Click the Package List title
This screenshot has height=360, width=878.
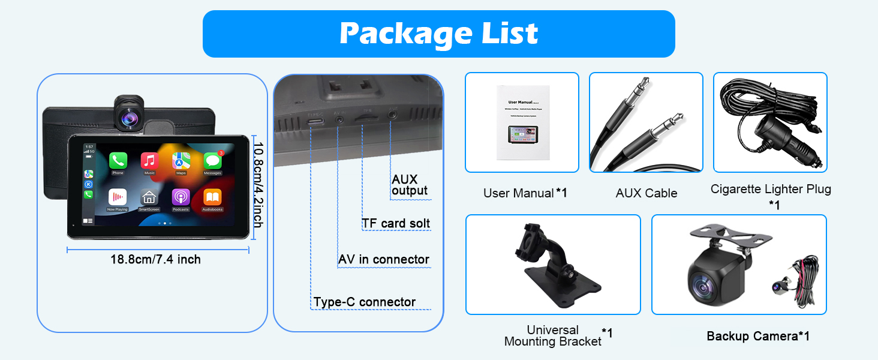pyautogui.click(x=438, y=34)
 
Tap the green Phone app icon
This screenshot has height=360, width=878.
pyautogui.click(x=118, y=160)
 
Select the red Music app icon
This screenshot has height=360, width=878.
pyautogui.click(x=149, y=160)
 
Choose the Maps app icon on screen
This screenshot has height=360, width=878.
pyautogui.click(x=181, y=160)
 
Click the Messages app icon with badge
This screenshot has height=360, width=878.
pyautogui.click(x=212, y=160)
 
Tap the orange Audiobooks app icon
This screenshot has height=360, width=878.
pyautogui.click(x=212, y=197)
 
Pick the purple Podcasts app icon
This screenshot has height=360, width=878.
pyautogui.click(x=181, y=197)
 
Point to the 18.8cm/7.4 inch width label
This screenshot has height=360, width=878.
pyautogui.click(x=155, y=259)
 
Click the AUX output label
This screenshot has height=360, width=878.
pyautogui.click(x=410, y=185)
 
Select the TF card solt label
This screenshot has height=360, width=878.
pyautogui.click(x=396, y=224)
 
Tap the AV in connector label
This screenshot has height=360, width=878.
pyautogui.click(x=384, y=259)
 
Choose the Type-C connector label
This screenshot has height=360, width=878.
pyautogui.click(x=365, y=302)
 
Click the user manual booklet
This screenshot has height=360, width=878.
pyautogui.click(x=521, y=122)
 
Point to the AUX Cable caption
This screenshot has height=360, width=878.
pyautogui.click(x=647, y=193)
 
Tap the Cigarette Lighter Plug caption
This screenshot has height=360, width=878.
pyautogui.click(x=771, y=190)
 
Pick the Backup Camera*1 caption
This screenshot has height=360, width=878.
pyautogui.click(x=758, y=336)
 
